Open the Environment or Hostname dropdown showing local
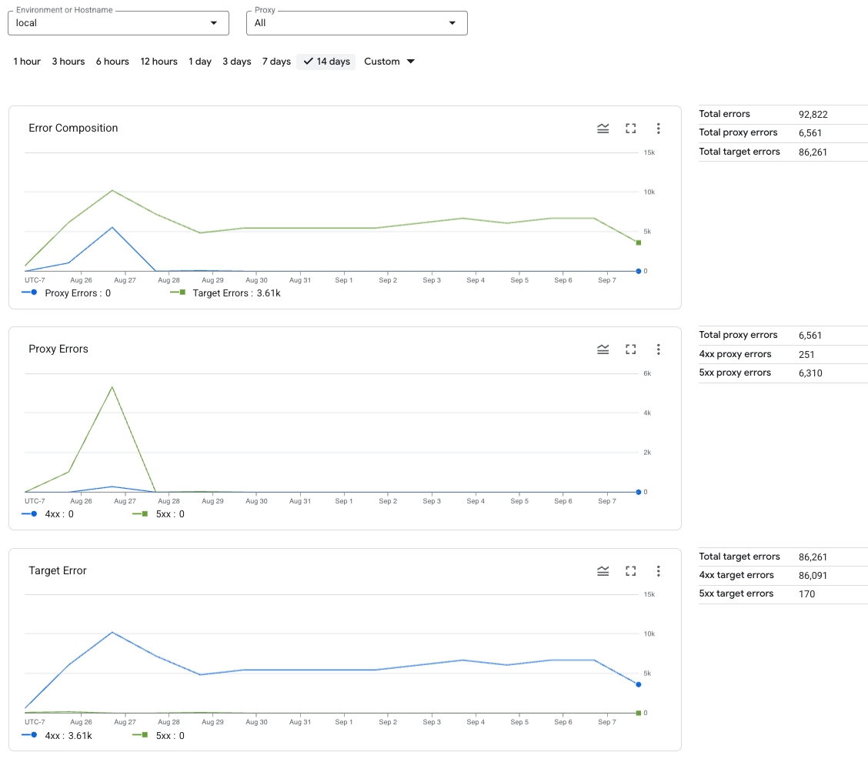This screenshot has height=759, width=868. (x=118, y=23)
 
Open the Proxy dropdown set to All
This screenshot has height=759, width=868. (x=356, y=23)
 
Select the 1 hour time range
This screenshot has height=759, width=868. (x=27, y=62)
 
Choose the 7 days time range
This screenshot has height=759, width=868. (x=276, y=62)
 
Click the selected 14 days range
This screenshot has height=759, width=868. (x=326, y=62)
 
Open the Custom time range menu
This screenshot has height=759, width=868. (x=389, y=62)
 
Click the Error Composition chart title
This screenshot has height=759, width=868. (x=73, y=128)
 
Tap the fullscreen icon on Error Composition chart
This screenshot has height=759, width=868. (x=631, y=129)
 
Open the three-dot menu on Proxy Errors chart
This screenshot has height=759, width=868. (x=659, y=349)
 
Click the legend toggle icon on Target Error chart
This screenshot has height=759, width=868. (x=603, y=571)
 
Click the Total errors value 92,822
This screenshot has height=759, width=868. (x=813, y=115)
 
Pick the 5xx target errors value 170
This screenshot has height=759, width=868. (x=806, y=594)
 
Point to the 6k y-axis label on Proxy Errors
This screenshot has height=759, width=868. (x=647, y=374)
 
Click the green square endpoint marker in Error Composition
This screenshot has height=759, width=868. (x=638, y=242)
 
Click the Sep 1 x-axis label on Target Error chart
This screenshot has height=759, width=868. (x=344, y=723)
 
